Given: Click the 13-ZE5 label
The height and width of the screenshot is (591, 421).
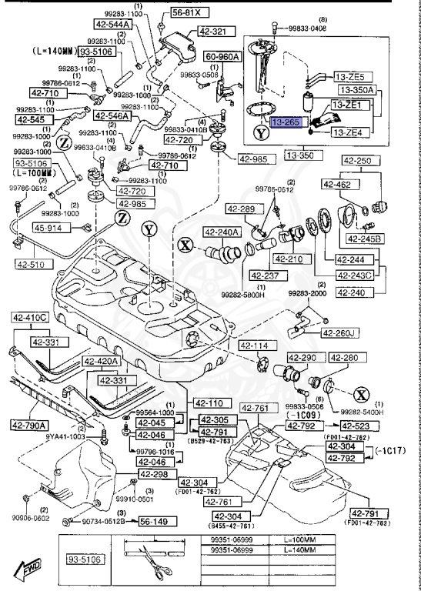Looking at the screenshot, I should (x=353, y=77).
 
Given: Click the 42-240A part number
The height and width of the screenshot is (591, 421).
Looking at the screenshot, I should (x=222, y=232).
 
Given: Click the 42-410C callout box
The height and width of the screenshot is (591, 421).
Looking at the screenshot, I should (x=29, y=318).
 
